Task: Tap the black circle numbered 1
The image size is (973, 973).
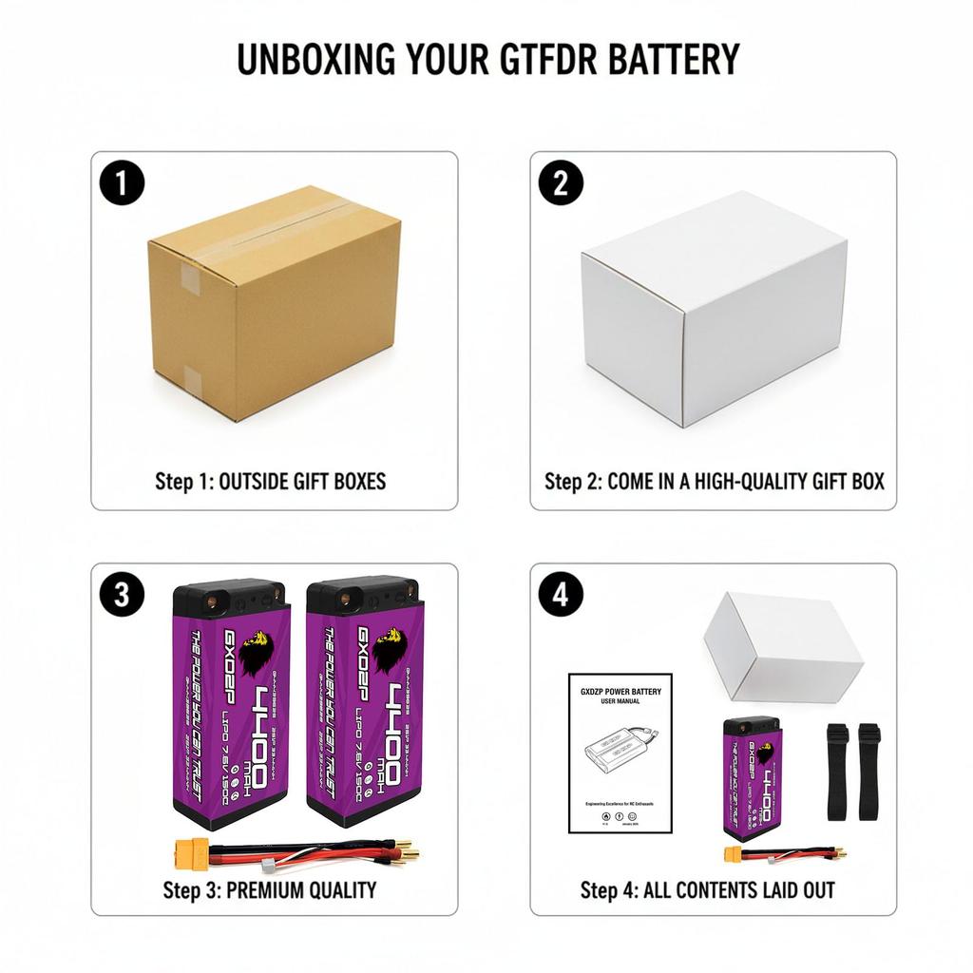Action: click(x=122, y=182)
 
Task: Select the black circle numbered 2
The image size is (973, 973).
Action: click(x=561, y=182)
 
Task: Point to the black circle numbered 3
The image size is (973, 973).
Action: click(x=122, y=595)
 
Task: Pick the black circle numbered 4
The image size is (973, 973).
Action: click(x=561, y=595)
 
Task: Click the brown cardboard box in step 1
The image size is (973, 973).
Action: click(x=274, y=301)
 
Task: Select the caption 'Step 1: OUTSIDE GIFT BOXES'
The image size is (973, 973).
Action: click(x=271, y=481)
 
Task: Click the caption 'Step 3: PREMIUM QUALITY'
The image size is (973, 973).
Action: click(x=270, y=890)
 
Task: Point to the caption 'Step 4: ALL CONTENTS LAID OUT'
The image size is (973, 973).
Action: click(x=708, y=890)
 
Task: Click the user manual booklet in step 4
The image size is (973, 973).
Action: click(x=620, y=753)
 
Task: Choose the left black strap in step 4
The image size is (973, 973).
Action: click(x=837, y=772)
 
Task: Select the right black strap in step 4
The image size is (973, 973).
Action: click(x=869, y=772)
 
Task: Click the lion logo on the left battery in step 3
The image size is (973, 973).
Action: click(x=256, y=652)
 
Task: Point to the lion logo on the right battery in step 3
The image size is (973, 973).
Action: click(x=389, y=651)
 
